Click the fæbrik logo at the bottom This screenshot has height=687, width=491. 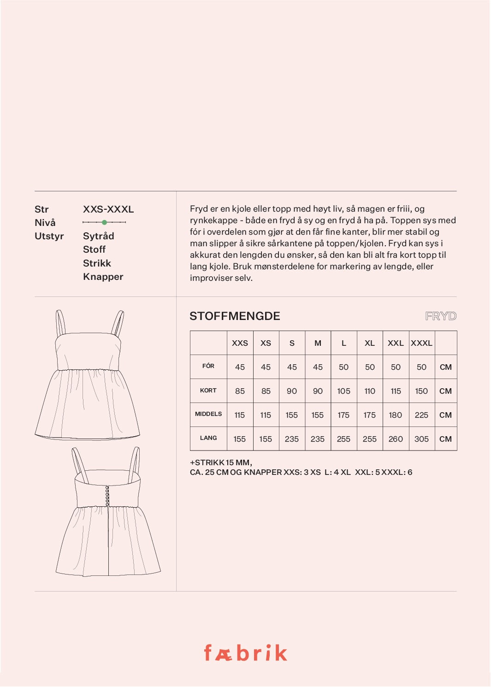coord(245,653)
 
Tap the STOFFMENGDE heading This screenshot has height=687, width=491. coord(235,316)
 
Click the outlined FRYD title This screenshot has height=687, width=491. coord(440,316)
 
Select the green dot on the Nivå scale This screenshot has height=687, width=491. coord(104,222)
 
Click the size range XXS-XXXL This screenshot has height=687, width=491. coord(108,209)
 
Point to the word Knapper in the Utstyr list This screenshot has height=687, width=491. coord(103,277)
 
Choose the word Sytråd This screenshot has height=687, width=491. coord(98,236)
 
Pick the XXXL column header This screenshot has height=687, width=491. coord(421,343)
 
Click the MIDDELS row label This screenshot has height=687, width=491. coord(208,414)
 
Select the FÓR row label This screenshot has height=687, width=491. coord(208,366)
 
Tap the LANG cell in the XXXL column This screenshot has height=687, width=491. coord(421,439)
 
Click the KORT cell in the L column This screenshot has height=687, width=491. coord(343,391)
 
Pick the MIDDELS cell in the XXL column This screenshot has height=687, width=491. coord(396,415)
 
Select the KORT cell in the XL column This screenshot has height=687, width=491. coord(370,391)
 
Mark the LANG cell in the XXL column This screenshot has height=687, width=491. coord(396,439)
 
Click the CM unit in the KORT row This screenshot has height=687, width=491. coord(445,391)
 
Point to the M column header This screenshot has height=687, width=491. coord(318,343)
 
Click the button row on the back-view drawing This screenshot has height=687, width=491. coord(107,496)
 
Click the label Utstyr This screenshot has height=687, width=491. coord(49,236)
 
